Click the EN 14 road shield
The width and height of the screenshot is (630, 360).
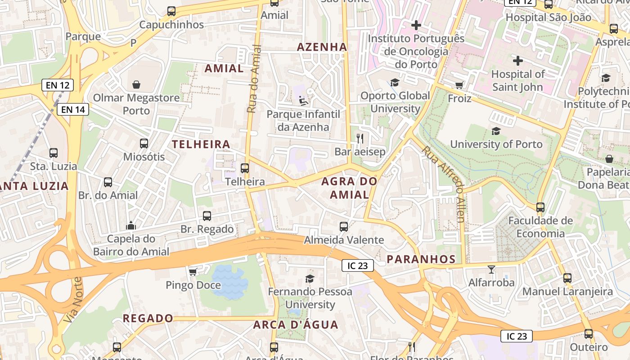(x=72, y=109)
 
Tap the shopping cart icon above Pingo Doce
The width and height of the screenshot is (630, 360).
(x=193, y=272)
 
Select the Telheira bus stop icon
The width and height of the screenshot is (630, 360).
(x=245, y=168)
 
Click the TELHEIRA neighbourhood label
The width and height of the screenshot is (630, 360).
(x=201, y=144)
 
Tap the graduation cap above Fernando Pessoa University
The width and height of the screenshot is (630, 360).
(x=310, y=279)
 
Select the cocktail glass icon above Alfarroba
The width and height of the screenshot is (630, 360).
(x=491, y=270)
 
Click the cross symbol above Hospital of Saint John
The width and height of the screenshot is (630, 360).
(x=518, y=60)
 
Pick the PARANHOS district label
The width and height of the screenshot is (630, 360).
(x=421, y=259)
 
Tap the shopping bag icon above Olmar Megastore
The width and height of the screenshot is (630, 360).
(x=136, y=85)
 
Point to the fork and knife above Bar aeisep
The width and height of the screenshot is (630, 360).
(x=360, y=139)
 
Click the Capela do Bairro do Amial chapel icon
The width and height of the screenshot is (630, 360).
(x=131, y=225)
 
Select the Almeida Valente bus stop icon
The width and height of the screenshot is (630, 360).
(x=344, y=227)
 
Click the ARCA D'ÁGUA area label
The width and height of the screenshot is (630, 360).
(x=295, y=324)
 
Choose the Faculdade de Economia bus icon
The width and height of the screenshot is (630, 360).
(x=540, y=207)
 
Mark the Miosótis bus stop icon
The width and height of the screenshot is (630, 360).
(x=144, y=144)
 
